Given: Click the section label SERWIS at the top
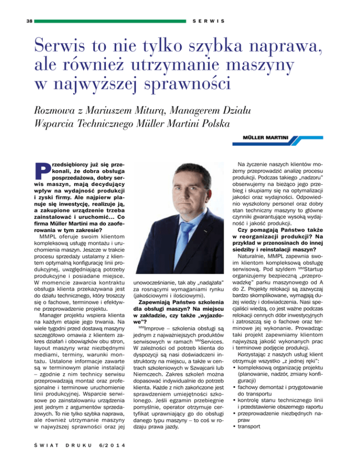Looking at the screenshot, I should pos(207,22).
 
